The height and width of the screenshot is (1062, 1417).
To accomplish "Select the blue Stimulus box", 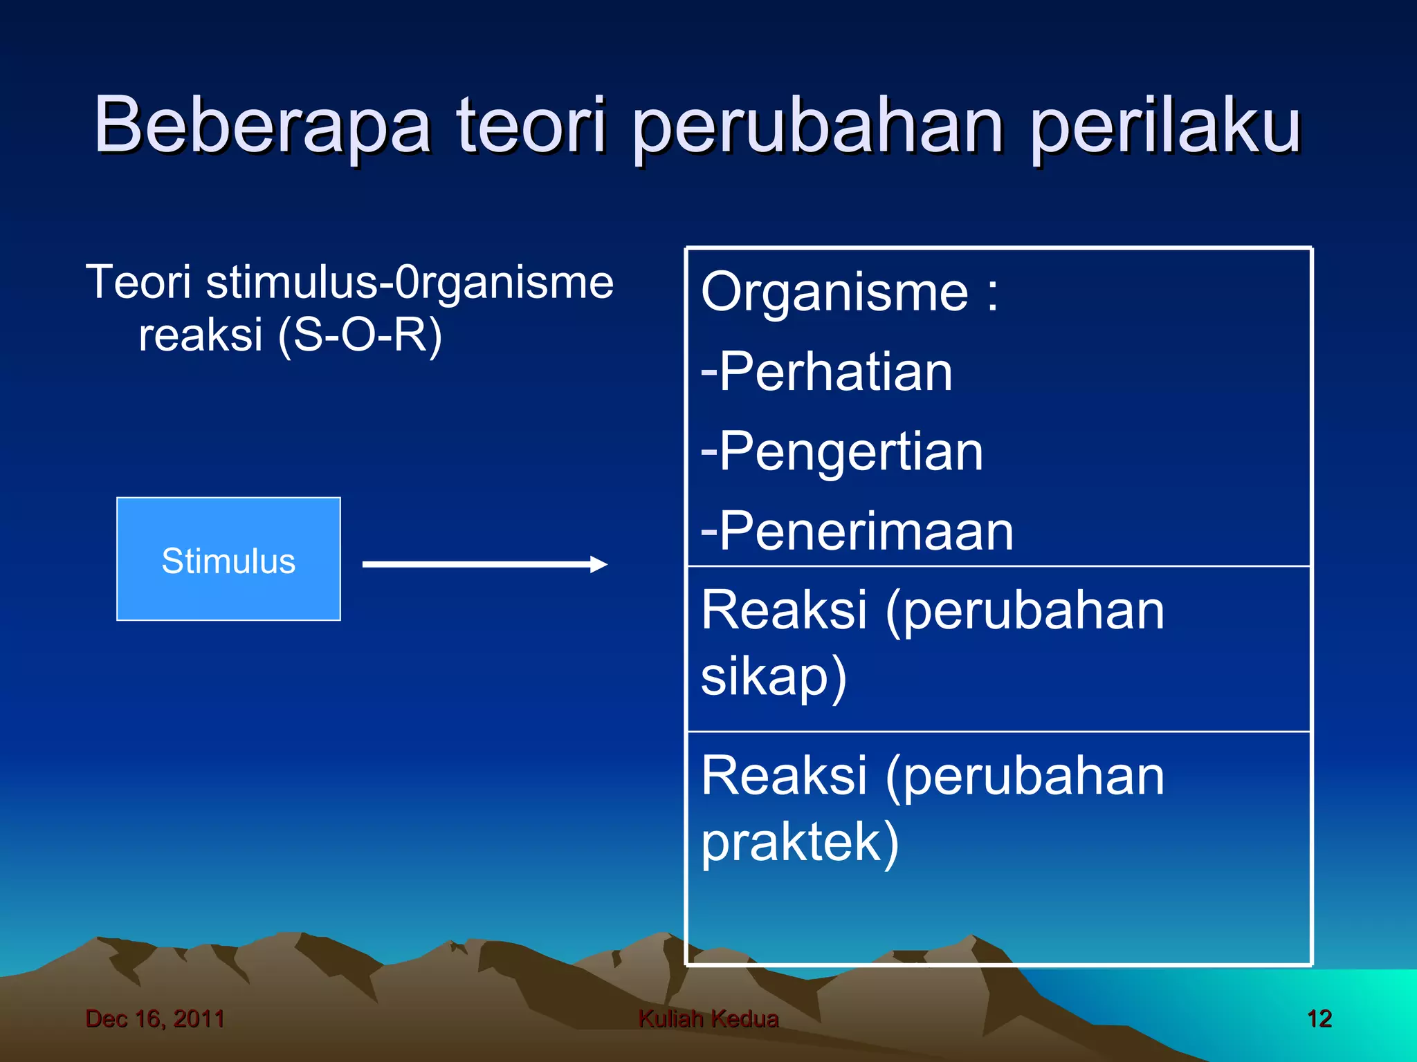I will point(228,559).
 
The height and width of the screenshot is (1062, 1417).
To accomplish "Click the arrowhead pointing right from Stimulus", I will point(598,564).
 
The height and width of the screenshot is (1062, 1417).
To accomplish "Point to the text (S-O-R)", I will point(359,335).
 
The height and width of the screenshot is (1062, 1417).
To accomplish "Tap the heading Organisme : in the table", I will point(850,292).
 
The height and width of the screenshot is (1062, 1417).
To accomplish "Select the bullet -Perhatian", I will point(827,372).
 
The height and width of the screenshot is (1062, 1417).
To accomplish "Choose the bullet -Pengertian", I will point(842,452).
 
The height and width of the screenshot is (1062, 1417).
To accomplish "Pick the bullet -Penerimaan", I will point(857,531).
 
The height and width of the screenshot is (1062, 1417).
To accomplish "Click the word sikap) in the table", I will point(774,676).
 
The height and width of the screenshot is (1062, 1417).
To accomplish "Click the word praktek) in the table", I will point(800,842).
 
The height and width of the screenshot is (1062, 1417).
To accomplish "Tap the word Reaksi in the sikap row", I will point(783,611).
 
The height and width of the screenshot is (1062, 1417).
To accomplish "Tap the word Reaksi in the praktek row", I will point(783,776).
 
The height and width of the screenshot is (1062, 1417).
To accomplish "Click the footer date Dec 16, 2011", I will point(155,1018).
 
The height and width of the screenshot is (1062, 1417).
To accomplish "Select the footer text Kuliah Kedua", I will point(708,1018).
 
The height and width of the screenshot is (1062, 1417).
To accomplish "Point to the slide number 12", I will point(1319,1018).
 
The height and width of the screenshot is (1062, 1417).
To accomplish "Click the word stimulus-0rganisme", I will point(410,283).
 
